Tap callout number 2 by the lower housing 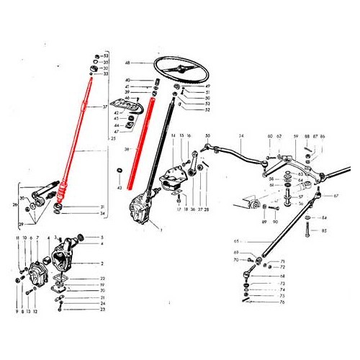102,264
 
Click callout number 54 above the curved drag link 241,135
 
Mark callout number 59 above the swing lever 294,135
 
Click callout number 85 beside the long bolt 323,231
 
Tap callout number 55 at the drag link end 207,135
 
